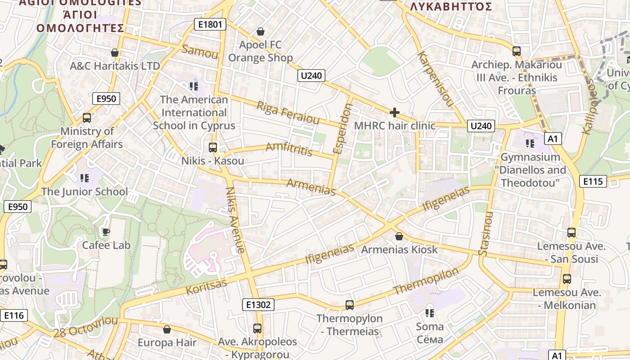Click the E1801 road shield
pos(210,24)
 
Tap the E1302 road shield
pos(259,305)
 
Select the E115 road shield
pos(593,181)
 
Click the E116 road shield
pos(13,315)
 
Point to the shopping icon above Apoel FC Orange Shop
pos(260,31)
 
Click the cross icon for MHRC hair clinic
pos(395,112)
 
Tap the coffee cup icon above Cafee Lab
pos(106,232)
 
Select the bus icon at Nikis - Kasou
pos(212,147)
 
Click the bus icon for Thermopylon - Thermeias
pos(349,305)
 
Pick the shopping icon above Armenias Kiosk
pos(399,236)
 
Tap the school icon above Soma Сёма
pos(429,312)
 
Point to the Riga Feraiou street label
pos(288,112)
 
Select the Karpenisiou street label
pos(435,78)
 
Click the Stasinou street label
pos(486,234)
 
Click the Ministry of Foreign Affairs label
pos(87,138)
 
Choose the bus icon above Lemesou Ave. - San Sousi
pos(571,233)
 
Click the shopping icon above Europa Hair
pos(167,329)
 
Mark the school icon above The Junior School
pos(84,178)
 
